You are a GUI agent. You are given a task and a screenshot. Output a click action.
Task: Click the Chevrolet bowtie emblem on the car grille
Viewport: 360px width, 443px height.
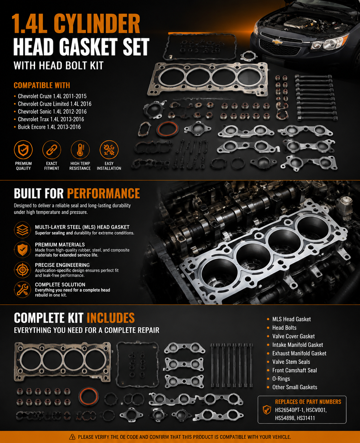click(x=277, y=42)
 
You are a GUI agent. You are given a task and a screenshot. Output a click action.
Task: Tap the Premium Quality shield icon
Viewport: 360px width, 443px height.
click(x=23, y=150)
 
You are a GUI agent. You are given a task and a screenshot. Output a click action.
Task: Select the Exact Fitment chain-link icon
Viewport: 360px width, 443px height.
click(x=52, y=150)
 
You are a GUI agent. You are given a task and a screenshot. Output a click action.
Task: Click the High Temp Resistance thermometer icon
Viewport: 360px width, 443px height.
click(x=80, y=150)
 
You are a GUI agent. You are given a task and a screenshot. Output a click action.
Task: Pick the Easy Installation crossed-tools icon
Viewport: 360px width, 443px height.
click(x=109, y=150)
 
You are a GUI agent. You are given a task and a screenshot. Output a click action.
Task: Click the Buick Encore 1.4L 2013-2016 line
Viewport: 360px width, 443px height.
click(x=49, y=127)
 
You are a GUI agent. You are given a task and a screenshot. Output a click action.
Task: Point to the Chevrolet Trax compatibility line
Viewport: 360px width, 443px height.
click(x=51, y=119)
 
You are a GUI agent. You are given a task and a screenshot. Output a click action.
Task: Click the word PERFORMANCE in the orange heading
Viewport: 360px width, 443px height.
click(x=103, y=193)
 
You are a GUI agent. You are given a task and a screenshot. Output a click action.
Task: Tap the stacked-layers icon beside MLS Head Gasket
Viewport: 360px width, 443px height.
click(x=23, y=230)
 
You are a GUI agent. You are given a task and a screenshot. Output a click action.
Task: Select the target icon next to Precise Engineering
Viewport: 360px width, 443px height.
click(x=23, y=270)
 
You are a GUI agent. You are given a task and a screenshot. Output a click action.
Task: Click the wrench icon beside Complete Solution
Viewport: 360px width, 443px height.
click(x=23, y=289)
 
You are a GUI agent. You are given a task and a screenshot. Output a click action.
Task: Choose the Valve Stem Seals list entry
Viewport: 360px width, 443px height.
click(x=291, y=362)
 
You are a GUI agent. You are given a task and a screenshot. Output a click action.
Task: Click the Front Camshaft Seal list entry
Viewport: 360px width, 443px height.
click(x=294, y=370)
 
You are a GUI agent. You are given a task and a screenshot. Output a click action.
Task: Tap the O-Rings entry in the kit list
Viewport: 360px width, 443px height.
click(x=281, y=379)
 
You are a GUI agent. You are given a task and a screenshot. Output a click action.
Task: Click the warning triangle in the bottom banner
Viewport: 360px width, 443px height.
click(x=72, y=437)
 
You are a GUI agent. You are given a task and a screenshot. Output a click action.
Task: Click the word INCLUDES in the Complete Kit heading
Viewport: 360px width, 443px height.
click(x=110, y=318)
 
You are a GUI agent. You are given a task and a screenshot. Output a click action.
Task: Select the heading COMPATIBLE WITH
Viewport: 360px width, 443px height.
click(x=42, y=85)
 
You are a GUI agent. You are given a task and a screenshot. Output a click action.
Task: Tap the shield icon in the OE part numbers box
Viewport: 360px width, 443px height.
click(x=267, y=410)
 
